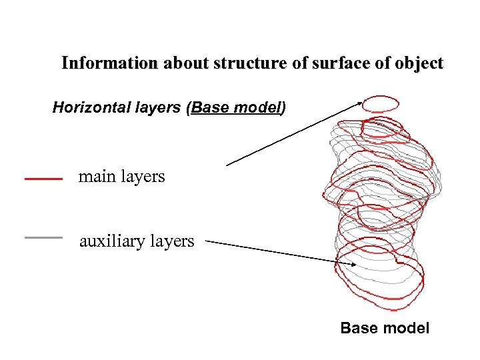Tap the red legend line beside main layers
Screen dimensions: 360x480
(x=43, y=179)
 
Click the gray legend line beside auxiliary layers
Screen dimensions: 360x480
(x=43, y=237)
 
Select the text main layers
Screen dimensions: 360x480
(x=121, y=177)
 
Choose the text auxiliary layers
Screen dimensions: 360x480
(x=137, y=241)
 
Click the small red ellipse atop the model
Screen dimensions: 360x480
(x=381, y=103)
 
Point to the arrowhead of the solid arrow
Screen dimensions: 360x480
(x=360, y=102)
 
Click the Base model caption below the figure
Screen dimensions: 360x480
(x=385, y=328)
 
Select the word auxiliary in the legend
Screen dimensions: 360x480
(x=113, y=241)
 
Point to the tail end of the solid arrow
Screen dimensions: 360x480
(x=227, y=165)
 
